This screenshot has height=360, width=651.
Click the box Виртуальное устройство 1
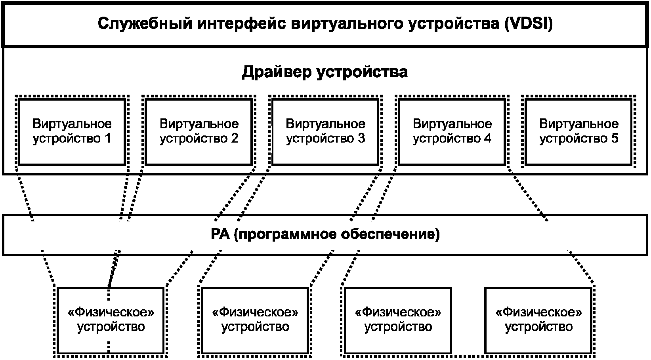72,131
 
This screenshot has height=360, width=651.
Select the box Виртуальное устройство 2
199,131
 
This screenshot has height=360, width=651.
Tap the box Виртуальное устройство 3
325,131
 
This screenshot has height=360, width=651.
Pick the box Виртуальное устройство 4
452,131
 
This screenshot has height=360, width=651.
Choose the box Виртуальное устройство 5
579,131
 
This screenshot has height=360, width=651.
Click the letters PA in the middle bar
220,234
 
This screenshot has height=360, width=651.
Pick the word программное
284,234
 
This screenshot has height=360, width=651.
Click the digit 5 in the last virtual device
614,139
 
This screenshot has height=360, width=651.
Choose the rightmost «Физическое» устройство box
538,320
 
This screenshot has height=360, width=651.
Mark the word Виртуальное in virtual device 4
452,124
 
